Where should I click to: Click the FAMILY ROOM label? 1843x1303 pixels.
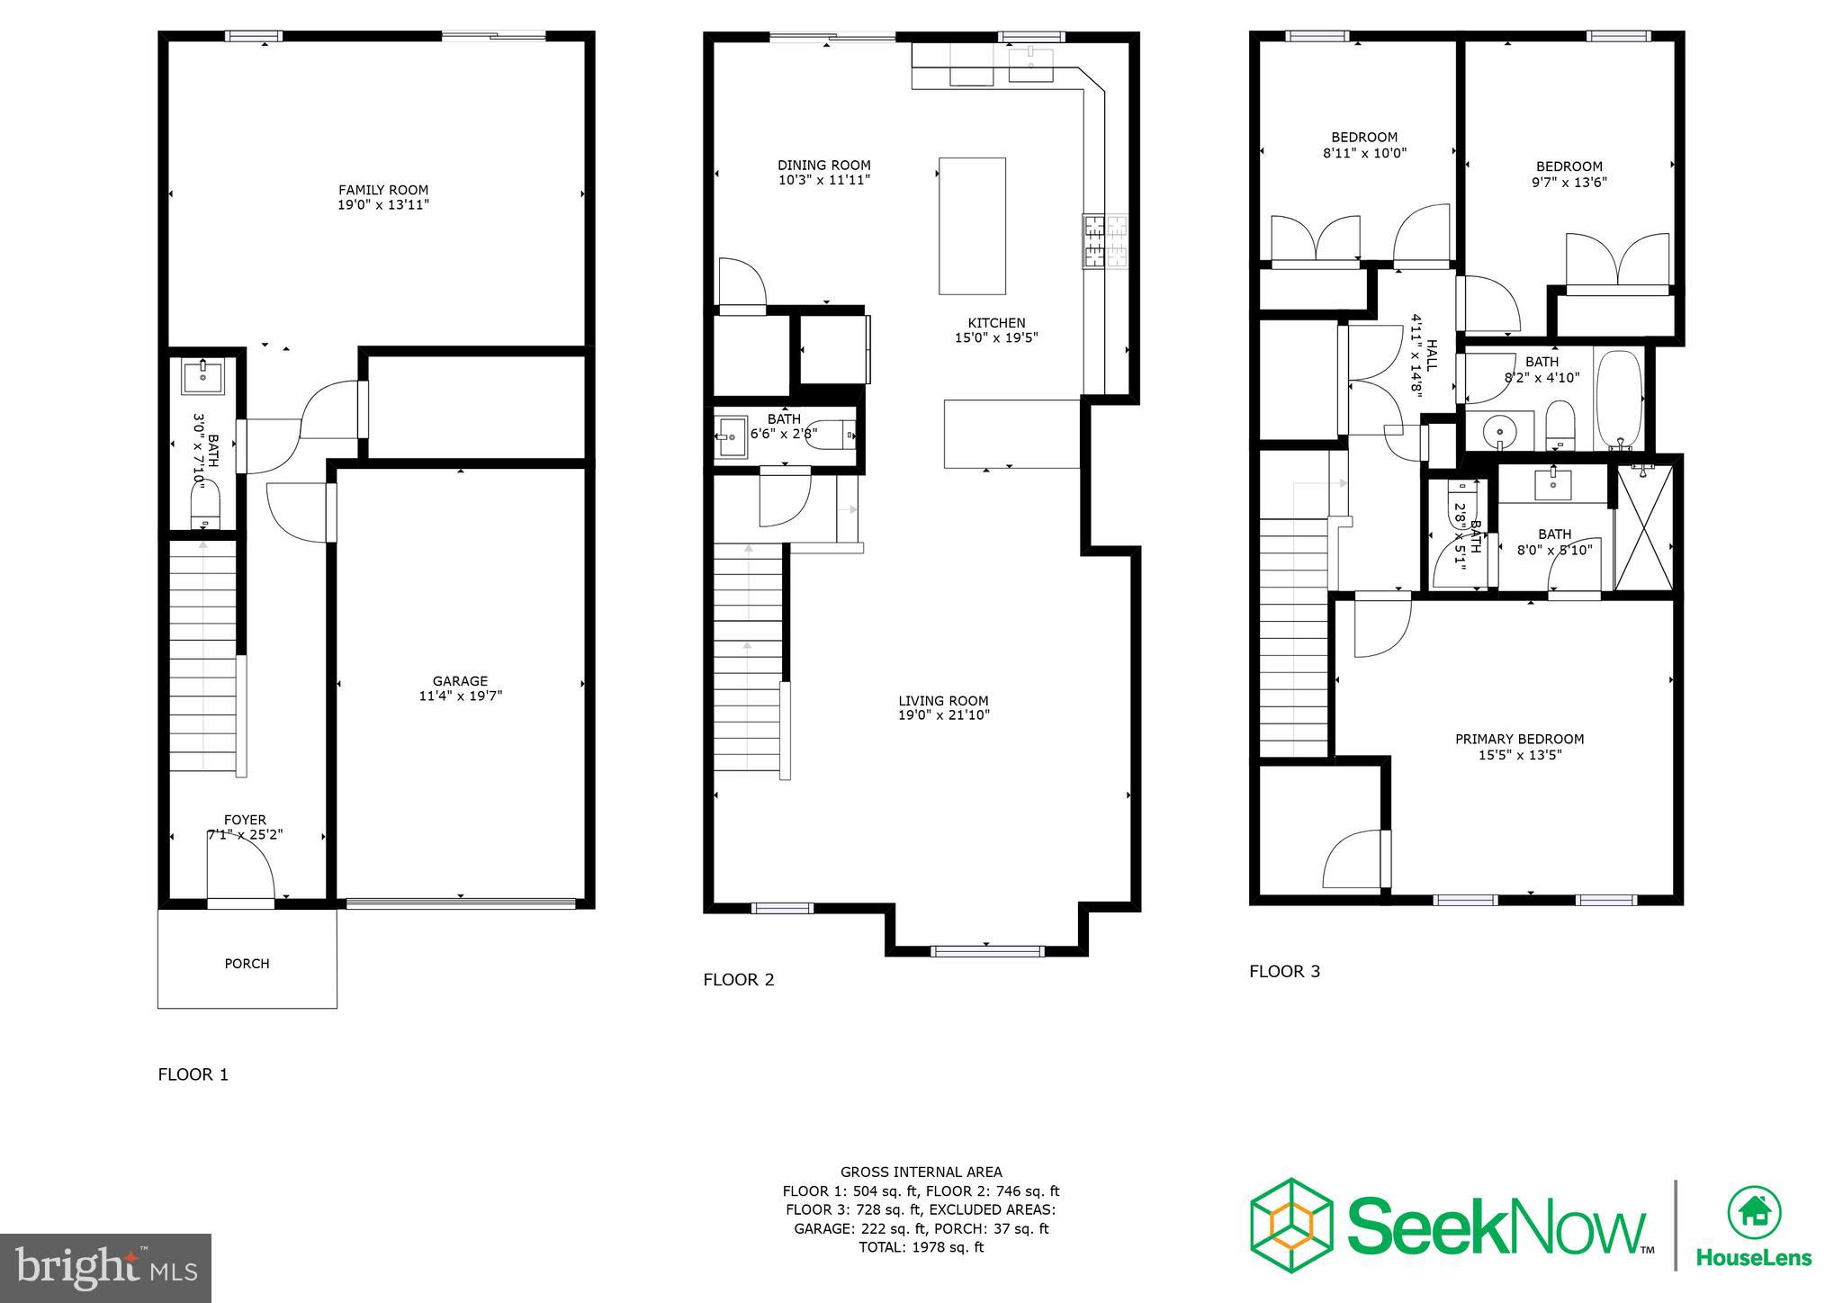383,190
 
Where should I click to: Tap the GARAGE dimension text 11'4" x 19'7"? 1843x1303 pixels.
460,696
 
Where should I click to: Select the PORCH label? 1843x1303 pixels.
247,964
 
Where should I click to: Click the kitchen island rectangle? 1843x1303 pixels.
972,226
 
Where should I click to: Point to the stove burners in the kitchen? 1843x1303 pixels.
1105,241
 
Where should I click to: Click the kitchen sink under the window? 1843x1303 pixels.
1030,65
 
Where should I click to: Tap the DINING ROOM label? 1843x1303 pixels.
823,166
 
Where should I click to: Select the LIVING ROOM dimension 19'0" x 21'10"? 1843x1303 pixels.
943,715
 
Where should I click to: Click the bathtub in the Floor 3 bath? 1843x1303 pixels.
1618,400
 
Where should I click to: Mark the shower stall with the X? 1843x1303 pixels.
1644,527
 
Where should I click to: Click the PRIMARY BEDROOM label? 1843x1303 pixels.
1519,740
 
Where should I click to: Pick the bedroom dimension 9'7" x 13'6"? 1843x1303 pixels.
1569,182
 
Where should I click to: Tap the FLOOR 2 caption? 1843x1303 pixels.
738,980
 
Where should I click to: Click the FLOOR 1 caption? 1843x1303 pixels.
193,1074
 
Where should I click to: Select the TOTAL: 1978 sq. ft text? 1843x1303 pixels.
921,1247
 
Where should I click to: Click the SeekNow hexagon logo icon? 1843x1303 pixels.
1291,1225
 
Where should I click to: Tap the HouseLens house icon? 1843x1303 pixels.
1754,1214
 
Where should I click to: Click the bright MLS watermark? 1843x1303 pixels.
106,1268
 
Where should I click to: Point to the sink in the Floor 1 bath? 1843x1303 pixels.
203,377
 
